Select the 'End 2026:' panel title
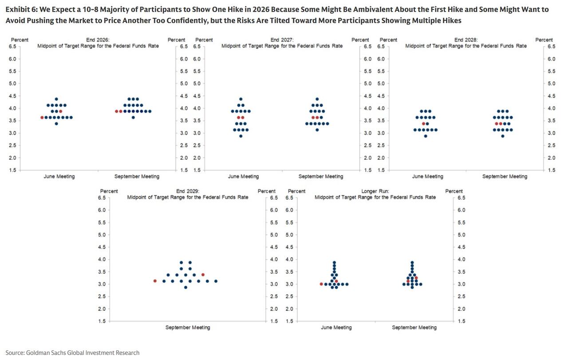98,40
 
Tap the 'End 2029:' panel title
188,191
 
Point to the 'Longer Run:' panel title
375,191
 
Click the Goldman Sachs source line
72,352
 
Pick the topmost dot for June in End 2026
56,99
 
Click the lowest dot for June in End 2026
56,123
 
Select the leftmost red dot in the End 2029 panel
155,281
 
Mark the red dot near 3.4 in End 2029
203,274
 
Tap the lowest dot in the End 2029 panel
185,287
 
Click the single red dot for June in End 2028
423,123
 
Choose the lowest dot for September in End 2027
317,130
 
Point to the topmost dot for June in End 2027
241,99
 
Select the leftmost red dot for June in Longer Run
321,284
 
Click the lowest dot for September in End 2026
133,118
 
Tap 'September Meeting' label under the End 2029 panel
188,327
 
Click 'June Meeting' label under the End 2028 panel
427,176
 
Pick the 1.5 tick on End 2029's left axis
102,321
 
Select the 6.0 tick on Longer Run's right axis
461,210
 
